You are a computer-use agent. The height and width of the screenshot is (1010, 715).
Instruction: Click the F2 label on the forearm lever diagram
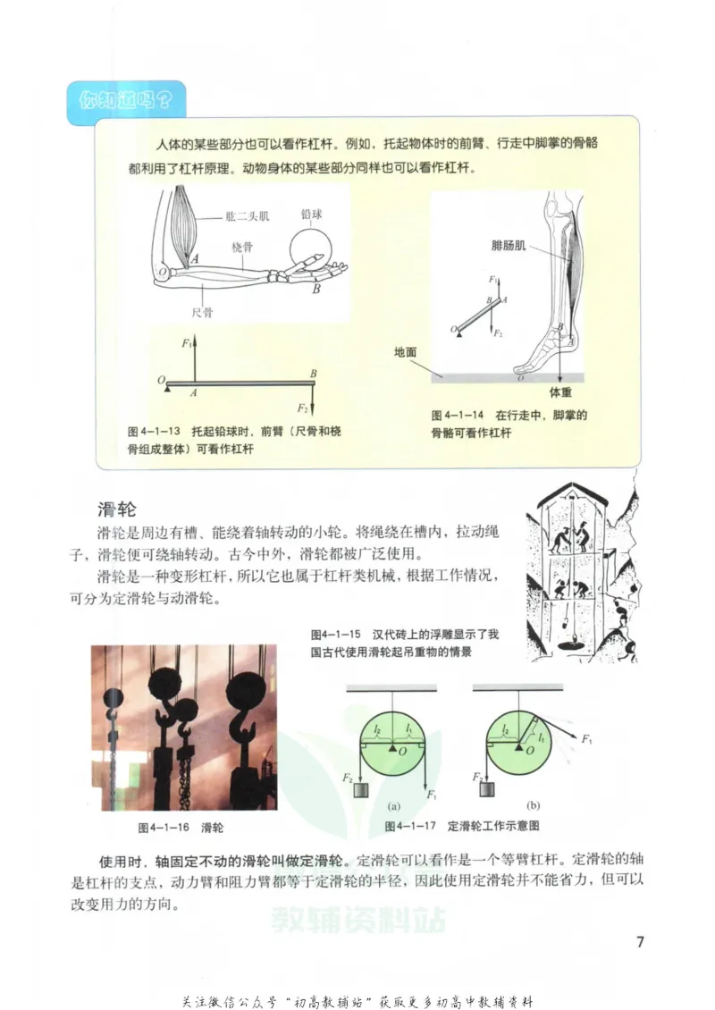pos(303,408)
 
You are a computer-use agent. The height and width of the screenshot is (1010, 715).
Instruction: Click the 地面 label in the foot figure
pos(405,352)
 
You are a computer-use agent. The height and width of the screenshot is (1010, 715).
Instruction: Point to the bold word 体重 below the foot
pos(560,391)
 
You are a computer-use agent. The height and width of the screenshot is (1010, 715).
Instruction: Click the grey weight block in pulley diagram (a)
pos(361,790)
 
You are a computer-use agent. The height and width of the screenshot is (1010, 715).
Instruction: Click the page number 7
pos(639,942)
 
